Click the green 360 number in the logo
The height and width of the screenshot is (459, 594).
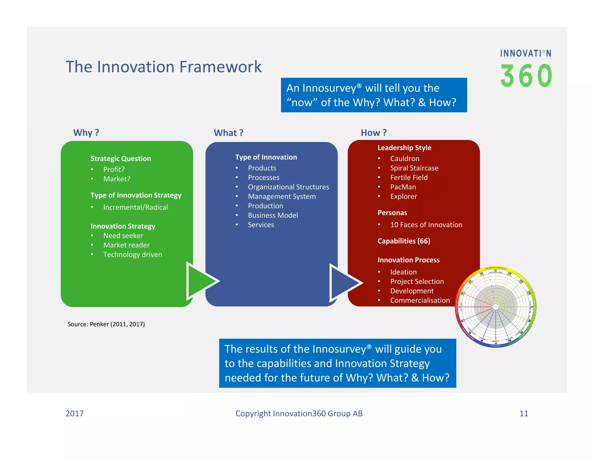526,76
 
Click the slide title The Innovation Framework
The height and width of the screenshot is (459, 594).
163,67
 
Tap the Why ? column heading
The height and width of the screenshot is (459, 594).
86,133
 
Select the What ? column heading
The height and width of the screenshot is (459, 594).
229,133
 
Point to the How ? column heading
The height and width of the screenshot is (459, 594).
374,133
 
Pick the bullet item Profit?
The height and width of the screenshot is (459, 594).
114,169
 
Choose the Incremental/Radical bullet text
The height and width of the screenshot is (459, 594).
135,207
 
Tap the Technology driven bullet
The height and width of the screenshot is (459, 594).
133,254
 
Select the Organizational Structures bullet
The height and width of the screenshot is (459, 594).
288,187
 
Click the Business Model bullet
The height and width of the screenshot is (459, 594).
273,215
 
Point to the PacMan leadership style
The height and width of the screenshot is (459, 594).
403,187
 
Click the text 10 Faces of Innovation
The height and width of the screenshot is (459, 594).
426,225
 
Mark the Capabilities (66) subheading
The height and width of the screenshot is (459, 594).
404,241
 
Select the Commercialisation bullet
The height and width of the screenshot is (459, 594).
420,300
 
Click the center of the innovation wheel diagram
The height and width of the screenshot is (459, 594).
495,307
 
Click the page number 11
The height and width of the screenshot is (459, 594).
524,413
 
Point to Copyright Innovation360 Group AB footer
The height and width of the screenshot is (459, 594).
299,413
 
